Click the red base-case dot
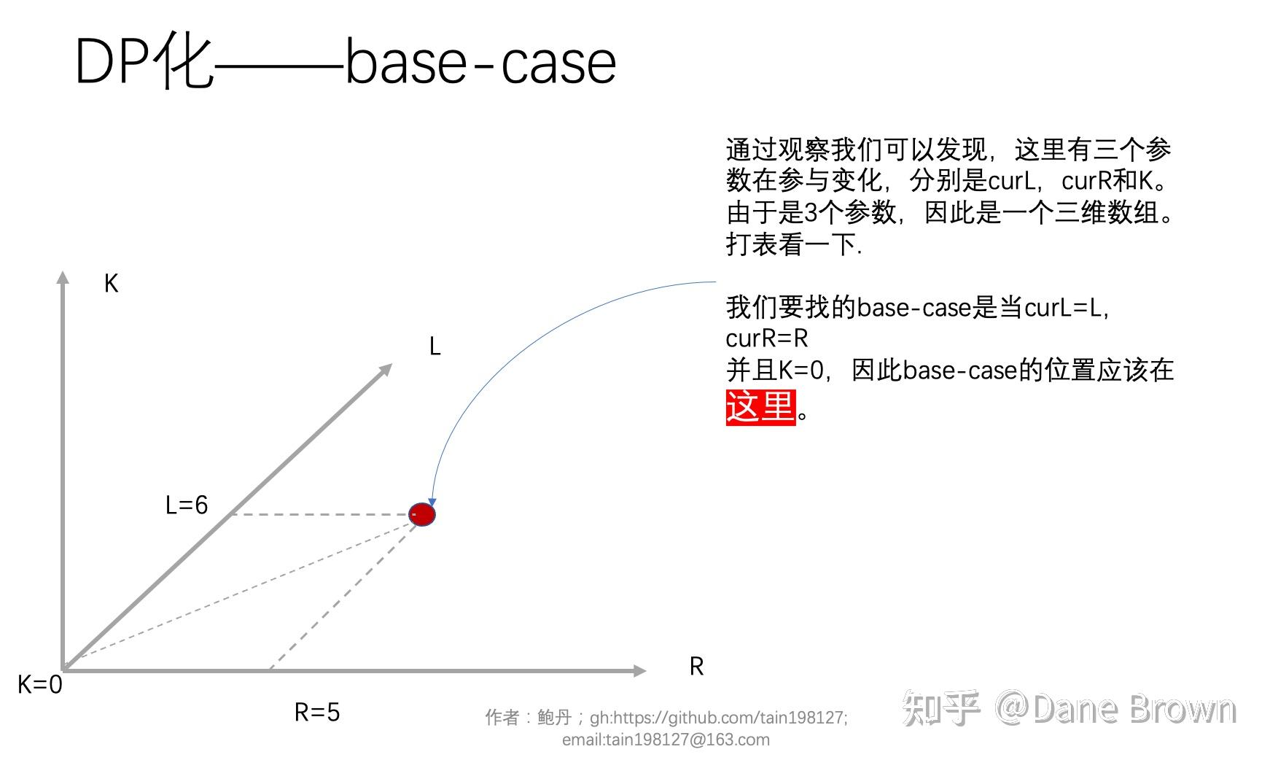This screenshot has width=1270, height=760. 422,515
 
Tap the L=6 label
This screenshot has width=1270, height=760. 187,505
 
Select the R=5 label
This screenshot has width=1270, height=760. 317,712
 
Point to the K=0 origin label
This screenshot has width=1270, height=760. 40,684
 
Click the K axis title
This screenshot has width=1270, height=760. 111,283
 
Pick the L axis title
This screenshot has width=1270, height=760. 435,346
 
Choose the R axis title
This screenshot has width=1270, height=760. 696,666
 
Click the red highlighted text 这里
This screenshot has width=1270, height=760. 760,407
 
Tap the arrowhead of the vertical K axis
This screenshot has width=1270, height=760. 63,277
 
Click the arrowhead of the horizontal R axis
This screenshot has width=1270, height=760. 639,670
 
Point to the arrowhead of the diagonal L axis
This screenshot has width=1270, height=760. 386,370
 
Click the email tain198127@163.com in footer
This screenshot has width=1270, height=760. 666,740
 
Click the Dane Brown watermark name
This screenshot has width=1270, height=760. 1134,708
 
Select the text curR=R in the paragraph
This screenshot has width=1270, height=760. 767,338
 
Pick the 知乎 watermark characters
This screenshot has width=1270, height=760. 940,708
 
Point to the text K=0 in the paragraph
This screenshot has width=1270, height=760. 800,371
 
